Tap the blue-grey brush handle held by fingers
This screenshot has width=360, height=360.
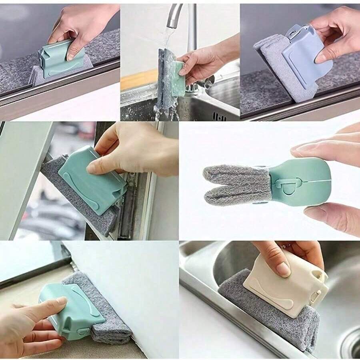click(x=306, y=56)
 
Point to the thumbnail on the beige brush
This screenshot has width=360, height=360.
click(x=284, y=269)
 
